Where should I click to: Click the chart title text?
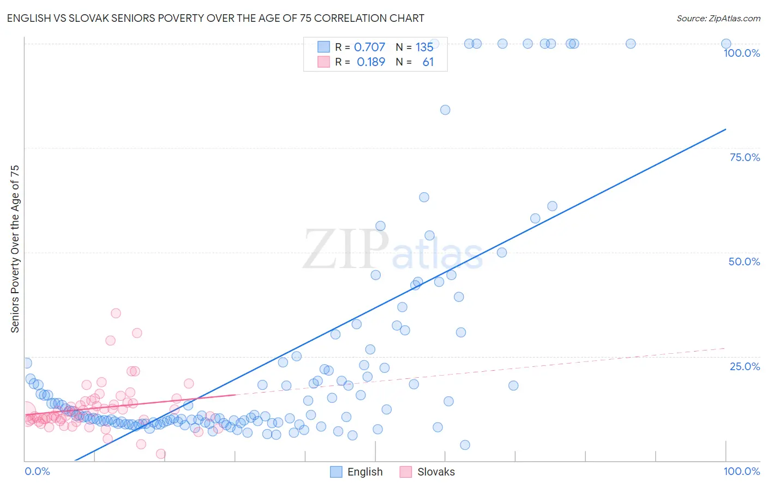pyautogui.click(x=215, y=18)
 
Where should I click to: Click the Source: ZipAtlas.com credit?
pyautogui.click(x=718, y=18)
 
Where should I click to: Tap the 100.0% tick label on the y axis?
pyautogui.click(x=741, y=53)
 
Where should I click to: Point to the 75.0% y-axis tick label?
pyautogui.click(x=745, y=157)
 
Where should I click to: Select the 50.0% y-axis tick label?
pyautogui.click(x=744, y=262)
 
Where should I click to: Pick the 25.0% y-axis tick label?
pyautogui.click(x=745, y=366)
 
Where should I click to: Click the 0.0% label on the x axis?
pyautogui.click(x=38, y=471)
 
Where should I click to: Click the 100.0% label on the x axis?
pyautogui.click(x=741, y=471)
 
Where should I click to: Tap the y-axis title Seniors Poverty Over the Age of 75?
pyautogui.click(x=15, y=249)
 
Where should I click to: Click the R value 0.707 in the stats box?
pyautogui.click(x=369, y=47)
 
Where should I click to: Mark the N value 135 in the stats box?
pyautogui.click(x=424, y=47)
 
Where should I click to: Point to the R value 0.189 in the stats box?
pyautogui.click(x=371, y=62)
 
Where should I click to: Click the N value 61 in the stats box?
pyautogui.click(x=428, y=62)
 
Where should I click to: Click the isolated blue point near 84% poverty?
pyautogui.click(x=445, y=110)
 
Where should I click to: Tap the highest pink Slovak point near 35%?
pyautogui.click(x=116, y=313)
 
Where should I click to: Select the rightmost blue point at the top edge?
pyautogui.click(x=726, y=44)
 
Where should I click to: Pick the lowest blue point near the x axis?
pyautogui.click(x=465, y=445)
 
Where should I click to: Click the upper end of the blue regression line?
pyautogui.click(x=726, y=129)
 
